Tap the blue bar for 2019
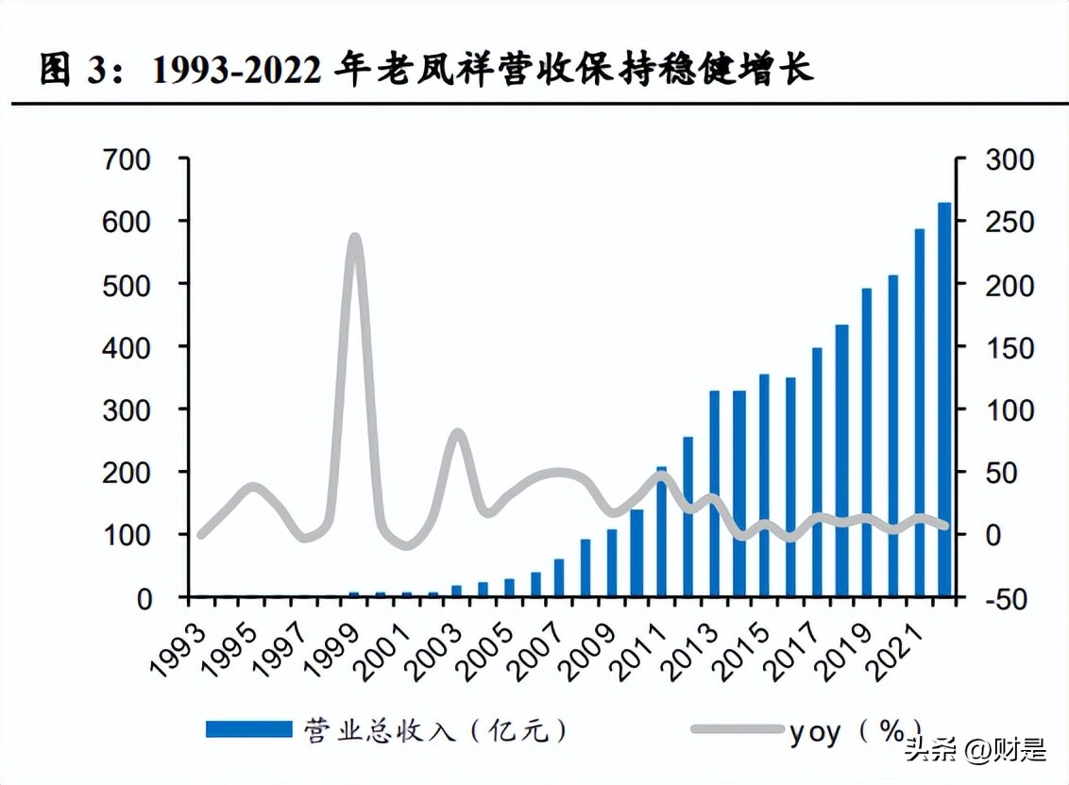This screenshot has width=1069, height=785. [x=867, y=443]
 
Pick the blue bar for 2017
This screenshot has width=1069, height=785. [x=817, y=473]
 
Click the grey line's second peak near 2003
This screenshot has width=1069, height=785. [x=457, y=434]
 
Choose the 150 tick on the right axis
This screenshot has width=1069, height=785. [x=1009, y=347]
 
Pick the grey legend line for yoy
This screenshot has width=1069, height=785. [x=736, y=728]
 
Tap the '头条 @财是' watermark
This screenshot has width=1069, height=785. [x=975, y=751]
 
